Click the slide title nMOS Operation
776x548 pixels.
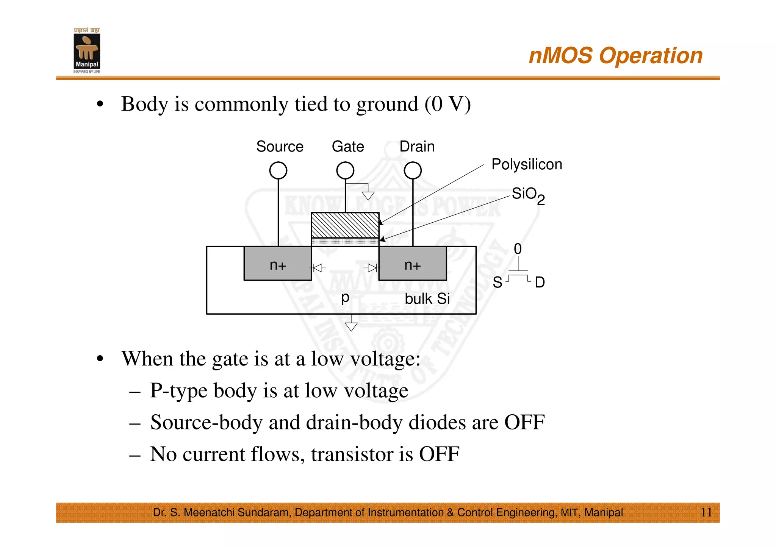click(x=615, y=56)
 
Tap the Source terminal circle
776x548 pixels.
click(x=278, y=170)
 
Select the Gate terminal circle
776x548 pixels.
click(x=345, y=170)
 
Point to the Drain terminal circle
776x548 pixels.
click(x=413, y=170)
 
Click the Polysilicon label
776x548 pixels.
click(x=527, y=164)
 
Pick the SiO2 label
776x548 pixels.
click(x=528, y=195)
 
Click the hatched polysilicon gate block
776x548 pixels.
click(x=345, y=225)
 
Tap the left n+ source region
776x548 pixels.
click(x=278, y=264)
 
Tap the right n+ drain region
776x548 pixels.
click(x=413, y=264)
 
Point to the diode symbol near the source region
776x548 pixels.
click(x=318, y=268)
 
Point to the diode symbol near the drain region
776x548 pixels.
click(x=372, y=268)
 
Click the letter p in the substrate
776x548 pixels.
click(x=345, y=298)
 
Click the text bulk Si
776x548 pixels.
click(x=427, y=299)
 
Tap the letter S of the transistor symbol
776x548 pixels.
click(x=497, y=283)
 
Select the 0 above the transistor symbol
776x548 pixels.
click(x=518, y=249)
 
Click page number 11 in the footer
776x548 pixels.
click(x=706, y=512)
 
